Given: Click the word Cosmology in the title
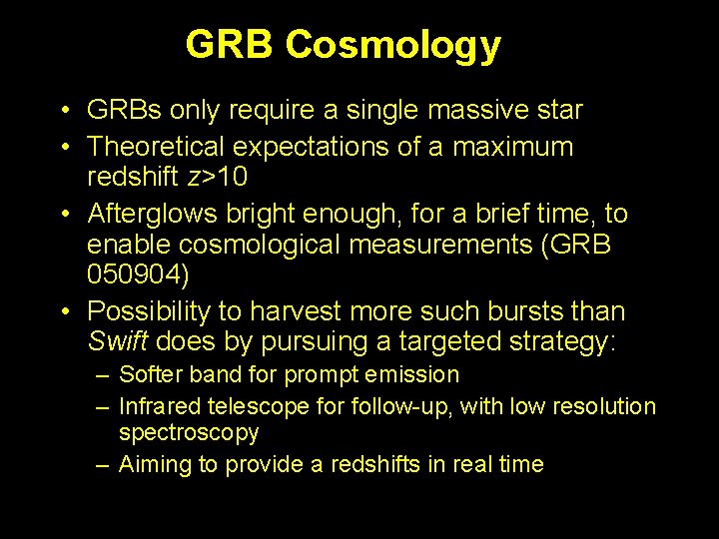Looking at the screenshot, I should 392,45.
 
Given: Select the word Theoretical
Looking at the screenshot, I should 156,147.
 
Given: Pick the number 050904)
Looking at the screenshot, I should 137,274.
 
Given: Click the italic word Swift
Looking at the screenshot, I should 117,341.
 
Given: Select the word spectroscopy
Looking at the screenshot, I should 189,433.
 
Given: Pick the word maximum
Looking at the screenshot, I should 513,147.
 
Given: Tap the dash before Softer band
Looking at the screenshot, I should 103,375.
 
